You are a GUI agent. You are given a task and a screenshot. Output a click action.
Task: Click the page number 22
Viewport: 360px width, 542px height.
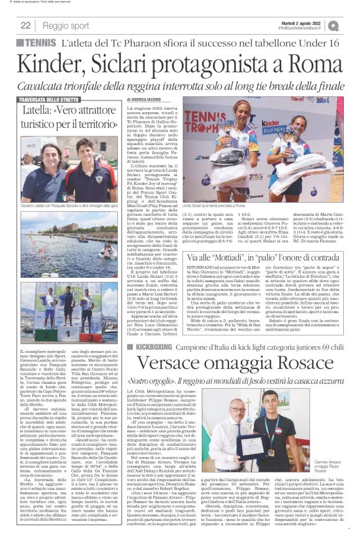(25, 25)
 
